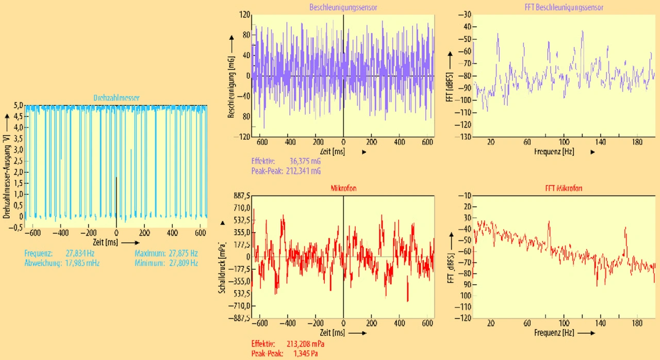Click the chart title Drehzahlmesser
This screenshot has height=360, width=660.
pos(116,98)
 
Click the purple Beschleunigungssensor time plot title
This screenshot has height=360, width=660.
pos(343,8)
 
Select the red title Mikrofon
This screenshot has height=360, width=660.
pos(343,188)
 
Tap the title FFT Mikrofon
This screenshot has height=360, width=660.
pos(564,188)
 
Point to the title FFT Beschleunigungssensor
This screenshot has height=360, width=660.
pos(563,8)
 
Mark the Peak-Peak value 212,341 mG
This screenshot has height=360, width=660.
pos(303,170)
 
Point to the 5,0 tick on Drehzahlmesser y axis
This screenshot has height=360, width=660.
pos(19,106)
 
